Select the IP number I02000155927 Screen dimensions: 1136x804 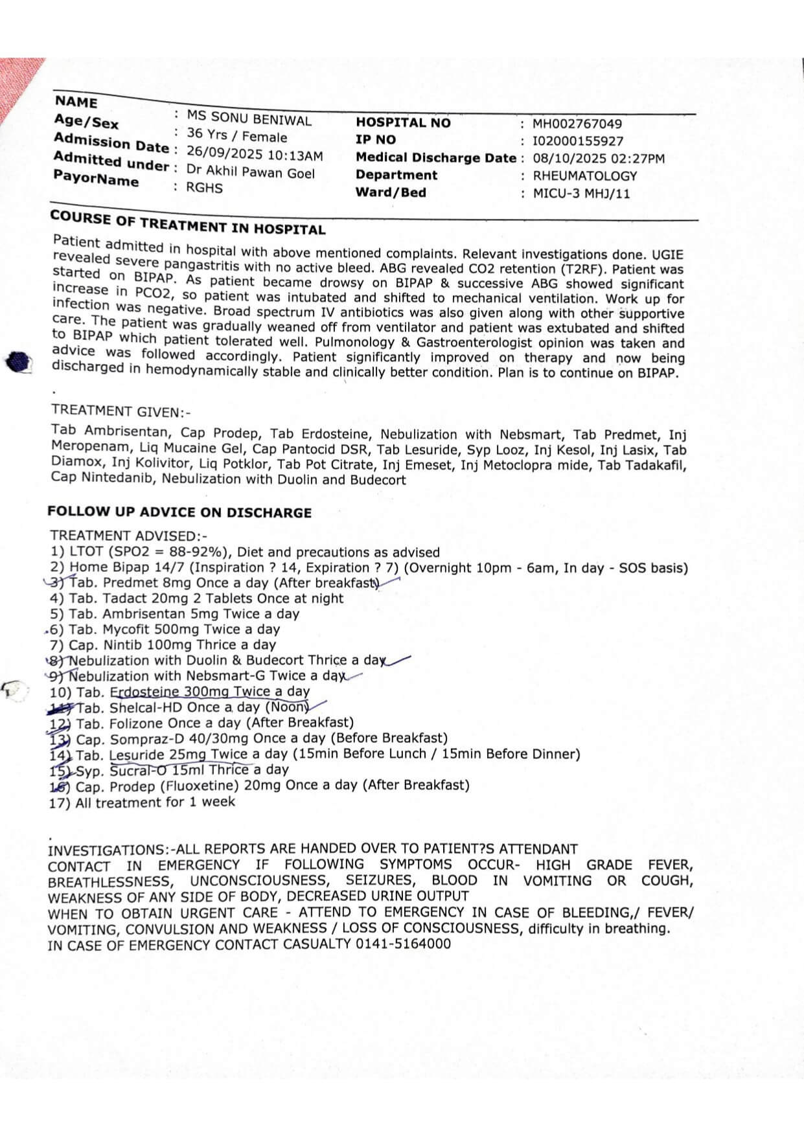click(x=578, y=141)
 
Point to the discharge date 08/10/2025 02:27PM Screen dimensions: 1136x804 click(x=598, y=159)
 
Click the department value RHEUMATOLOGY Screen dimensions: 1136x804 click(x=584, y=176)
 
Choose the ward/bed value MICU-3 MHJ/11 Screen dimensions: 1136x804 click(x=580, y=194)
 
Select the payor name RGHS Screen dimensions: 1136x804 click(x=204, y=188)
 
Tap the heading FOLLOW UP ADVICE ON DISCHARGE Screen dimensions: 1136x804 click(x=179, y=512)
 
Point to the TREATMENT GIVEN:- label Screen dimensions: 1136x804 click(x=121, y=411)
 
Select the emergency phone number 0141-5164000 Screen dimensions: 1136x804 click(x=403, y=944)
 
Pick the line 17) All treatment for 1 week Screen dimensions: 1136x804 click(x=142, y=802)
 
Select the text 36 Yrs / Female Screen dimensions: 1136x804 click(x=236, y=135)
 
